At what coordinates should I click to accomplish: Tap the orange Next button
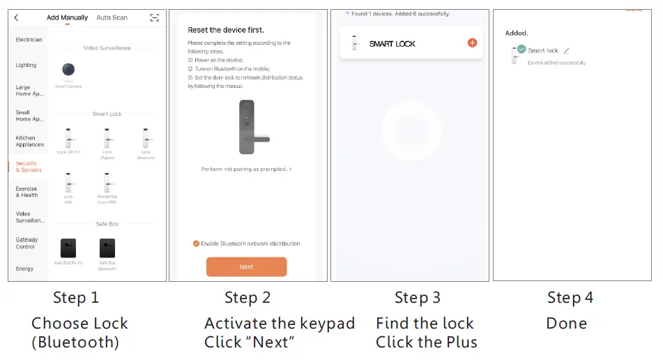coord(246,267)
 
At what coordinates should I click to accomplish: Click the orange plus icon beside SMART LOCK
coord(472,43)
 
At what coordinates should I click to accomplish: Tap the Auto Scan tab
coord(112,17)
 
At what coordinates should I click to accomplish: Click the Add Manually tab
coord(67,17)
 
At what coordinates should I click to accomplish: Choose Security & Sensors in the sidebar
coord(28,167)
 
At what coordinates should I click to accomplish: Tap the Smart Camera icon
coord(68,71)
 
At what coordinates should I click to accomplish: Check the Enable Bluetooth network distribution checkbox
coord(197,243)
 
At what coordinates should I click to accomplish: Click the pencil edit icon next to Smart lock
coord(566,51)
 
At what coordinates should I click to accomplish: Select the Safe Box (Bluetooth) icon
coord(107,248)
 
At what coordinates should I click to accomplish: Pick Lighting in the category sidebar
coord(26,65)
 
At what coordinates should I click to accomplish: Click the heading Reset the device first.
coord(226,30)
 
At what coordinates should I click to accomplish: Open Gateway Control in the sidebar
coord(26,243)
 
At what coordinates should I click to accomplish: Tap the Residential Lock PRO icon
coord(107,183)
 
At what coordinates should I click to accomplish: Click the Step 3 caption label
coord(417,298)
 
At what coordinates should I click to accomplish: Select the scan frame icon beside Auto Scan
coord(154,17)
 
